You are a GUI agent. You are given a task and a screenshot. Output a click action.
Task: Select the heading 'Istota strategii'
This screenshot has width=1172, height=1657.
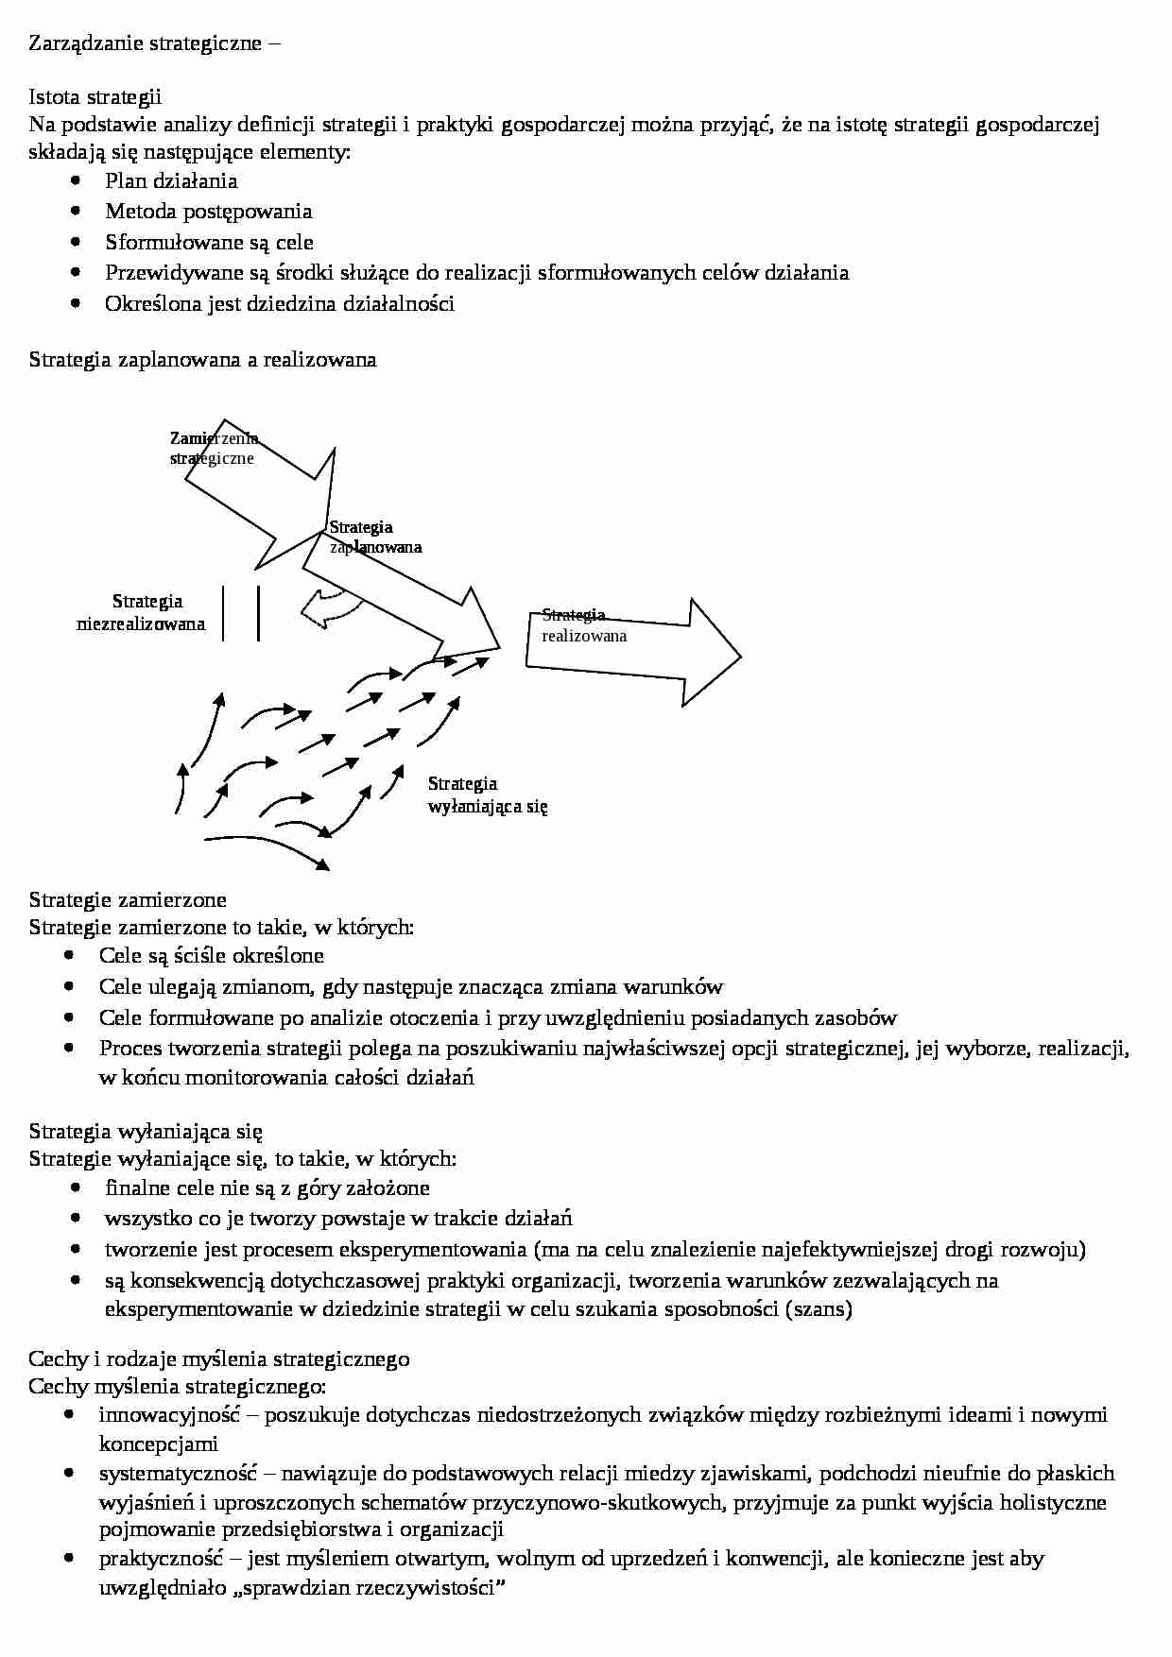click(95, 96)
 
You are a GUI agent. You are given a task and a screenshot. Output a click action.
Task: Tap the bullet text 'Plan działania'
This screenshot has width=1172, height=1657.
click(171, 180)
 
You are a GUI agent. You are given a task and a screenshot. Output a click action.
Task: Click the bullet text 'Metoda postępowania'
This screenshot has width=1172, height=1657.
click(208, 211)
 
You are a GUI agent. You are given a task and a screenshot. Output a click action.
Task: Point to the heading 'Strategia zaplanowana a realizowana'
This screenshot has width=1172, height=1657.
click(202, 359)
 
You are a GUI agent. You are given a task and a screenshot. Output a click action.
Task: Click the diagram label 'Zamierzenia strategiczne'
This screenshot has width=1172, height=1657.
click(214, 448)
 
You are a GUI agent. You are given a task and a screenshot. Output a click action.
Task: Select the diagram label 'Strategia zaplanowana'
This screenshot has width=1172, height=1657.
click(374, 537)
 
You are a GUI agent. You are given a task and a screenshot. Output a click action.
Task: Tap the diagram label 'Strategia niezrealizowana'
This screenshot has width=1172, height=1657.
click(142, 612)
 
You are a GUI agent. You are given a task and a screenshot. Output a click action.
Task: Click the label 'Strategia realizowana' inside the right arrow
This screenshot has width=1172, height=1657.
click(582, 625)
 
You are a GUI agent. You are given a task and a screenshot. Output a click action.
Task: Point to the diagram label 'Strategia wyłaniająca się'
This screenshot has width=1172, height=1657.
click(487, 794)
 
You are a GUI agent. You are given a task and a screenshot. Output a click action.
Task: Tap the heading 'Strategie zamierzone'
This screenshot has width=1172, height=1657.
click(128, 898)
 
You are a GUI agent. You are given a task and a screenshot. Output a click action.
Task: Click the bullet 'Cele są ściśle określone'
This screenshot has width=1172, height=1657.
click(211, 955)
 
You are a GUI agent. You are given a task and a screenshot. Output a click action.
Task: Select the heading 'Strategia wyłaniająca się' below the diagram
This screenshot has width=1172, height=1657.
click(146, 1131)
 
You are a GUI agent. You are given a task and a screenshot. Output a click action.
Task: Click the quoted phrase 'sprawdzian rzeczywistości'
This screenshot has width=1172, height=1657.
click(369, 1588)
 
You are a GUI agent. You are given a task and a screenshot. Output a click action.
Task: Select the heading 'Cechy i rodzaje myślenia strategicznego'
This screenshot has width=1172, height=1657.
click(219, 1358)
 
